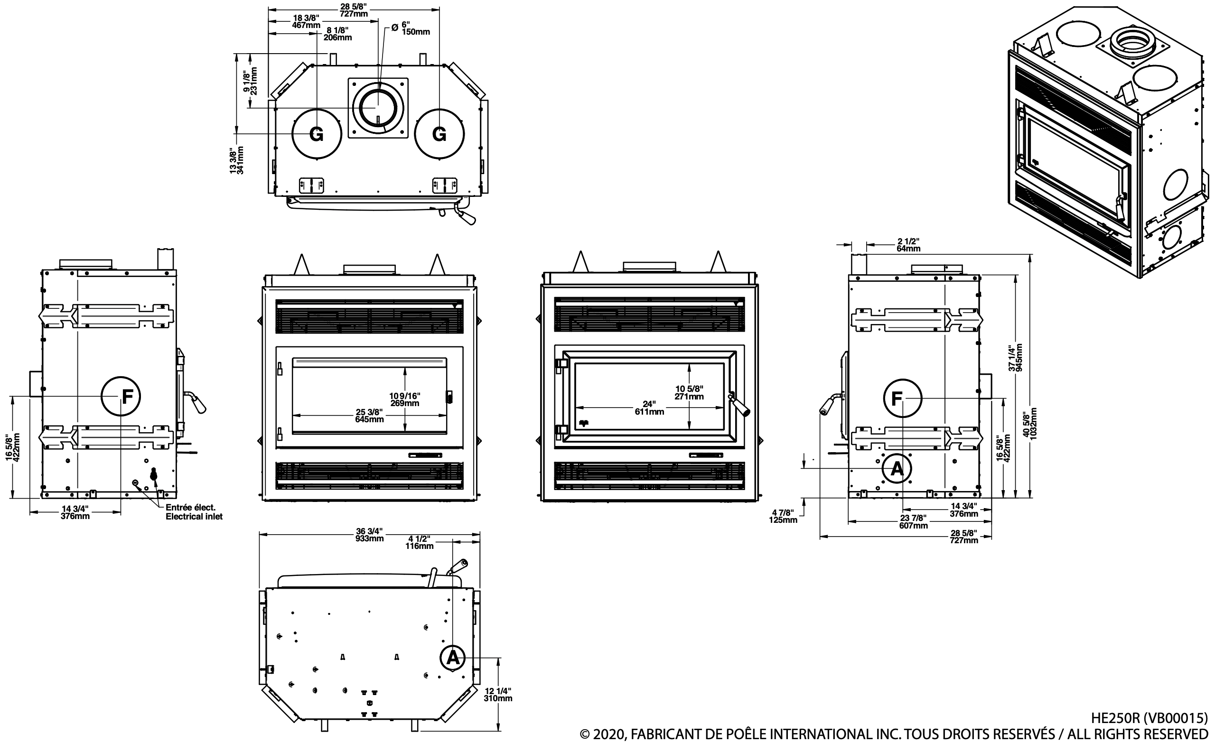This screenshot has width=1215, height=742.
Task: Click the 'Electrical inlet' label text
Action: (194, 517)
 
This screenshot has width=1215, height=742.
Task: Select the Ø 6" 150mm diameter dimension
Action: (410, 28)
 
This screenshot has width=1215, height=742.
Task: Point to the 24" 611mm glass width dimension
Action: (649, 408)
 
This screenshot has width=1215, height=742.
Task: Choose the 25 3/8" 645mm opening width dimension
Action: (369, 416)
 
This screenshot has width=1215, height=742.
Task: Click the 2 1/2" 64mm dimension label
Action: (908, 244)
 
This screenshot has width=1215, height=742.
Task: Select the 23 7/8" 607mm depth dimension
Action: (913, 521)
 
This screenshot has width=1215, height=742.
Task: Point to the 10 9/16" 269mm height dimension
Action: (404, 399)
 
